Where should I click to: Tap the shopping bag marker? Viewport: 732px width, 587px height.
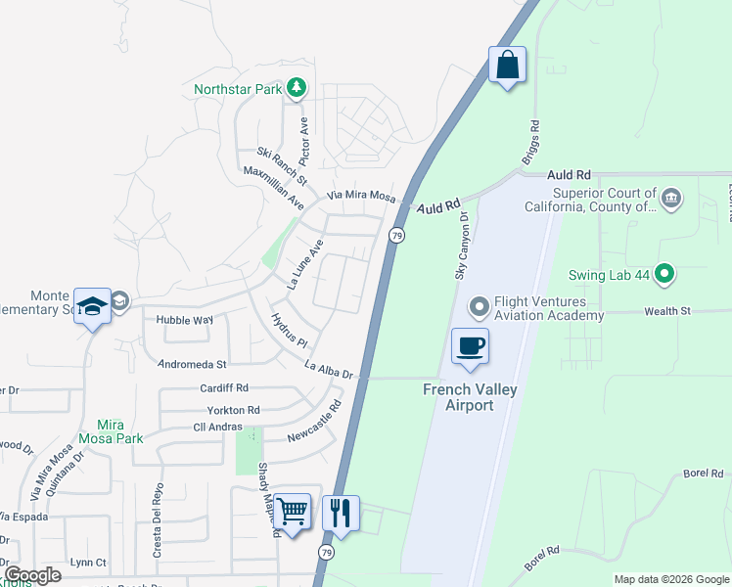(507, 66)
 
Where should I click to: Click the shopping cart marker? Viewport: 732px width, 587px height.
(292, 511)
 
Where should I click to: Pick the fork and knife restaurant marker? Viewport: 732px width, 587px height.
(341, 511)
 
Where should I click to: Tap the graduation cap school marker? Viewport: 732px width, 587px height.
(93, 306)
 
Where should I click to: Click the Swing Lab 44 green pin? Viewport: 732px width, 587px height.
(665, 275)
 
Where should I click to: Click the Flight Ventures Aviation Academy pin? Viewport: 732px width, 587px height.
(480, 307)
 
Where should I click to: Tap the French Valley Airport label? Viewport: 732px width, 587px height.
(470, 396)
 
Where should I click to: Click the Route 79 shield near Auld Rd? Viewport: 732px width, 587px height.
(396, 235)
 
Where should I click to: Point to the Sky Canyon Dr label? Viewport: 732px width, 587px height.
(462, 248)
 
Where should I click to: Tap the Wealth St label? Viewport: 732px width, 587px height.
(667, 311)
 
